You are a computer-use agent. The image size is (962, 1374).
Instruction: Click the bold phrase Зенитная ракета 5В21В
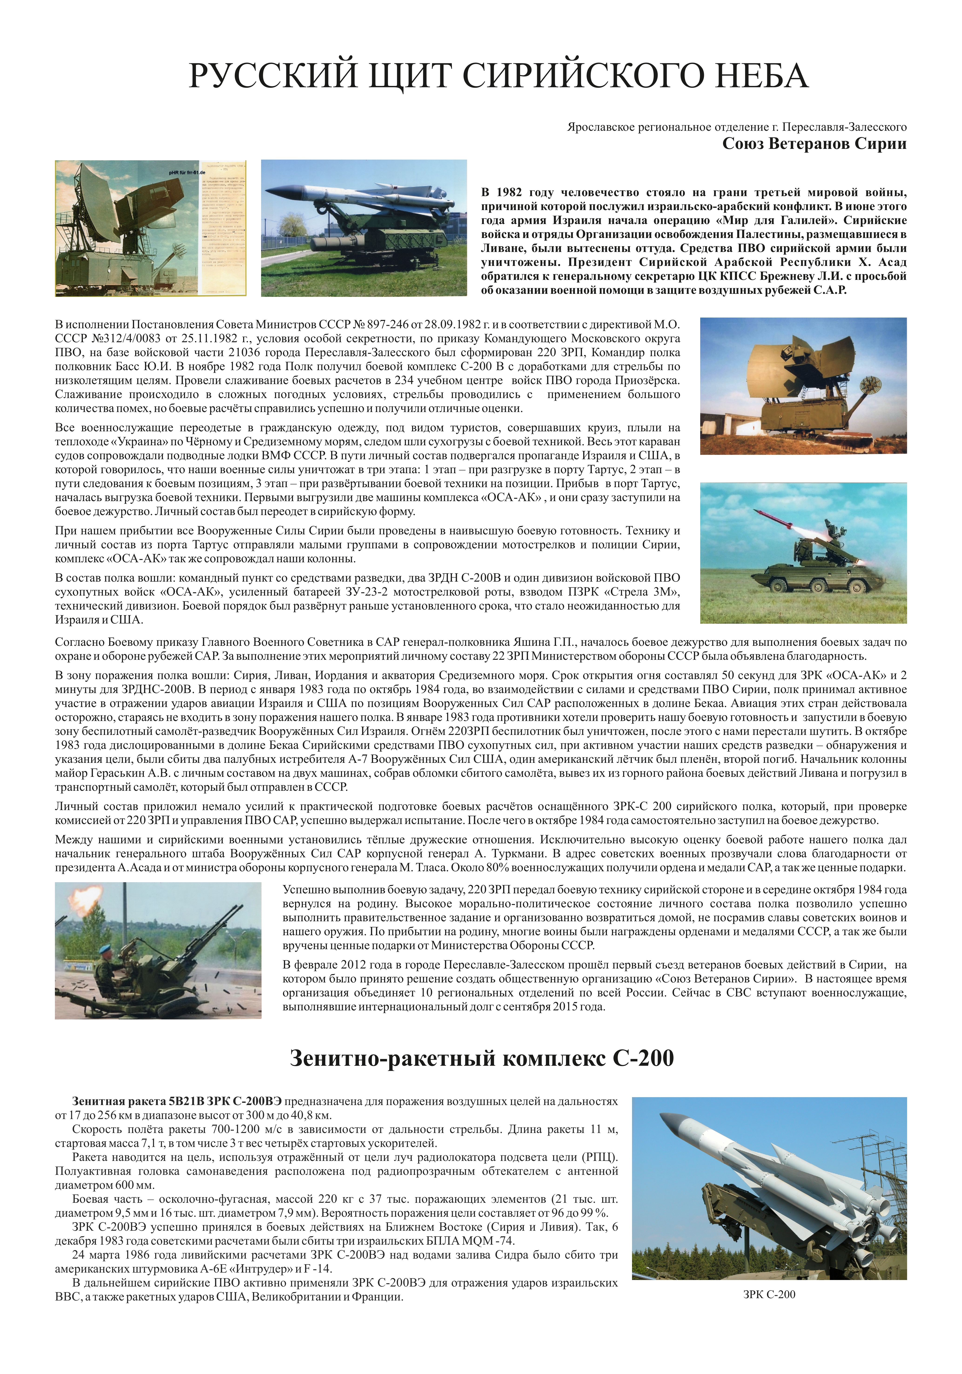click(x=138, y=1101)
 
